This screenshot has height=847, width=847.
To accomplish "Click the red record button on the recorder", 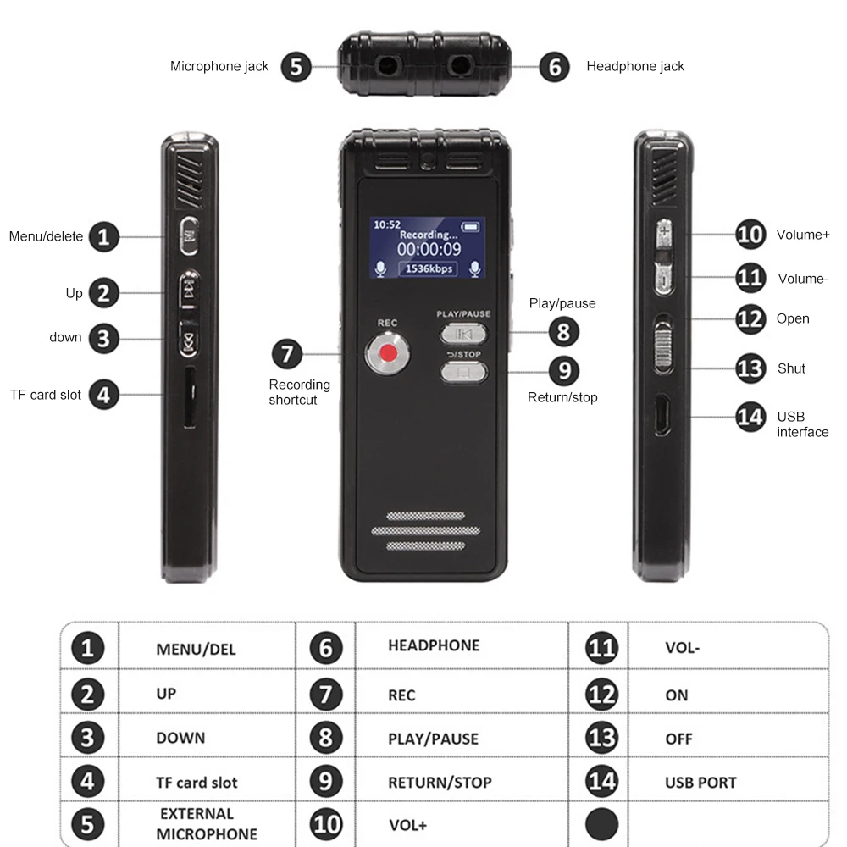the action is coord(388,353).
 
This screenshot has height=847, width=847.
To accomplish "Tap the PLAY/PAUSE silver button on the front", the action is coord(463,334).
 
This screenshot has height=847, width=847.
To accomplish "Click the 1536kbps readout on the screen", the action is coord(429,268).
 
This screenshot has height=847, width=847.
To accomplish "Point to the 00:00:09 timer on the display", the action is coord(429,249).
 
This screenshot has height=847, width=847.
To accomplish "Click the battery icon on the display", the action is coord(470,226).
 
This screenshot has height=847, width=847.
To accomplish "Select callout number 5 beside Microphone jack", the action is coord(296,67).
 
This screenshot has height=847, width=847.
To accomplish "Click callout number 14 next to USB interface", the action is coord(750,417).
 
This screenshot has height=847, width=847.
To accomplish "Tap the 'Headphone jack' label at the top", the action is coord(635,66).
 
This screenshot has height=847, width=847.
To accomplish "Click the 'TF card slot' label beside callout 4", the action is coord(46,395).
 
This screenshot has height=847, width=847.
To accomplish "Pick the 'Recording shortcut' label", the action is coord(299,392).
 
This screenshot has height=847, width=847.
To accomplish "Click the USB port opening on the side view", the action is coord(663,415).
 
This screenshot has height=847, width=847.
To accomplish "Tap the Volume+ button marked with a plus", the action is coord(664,234).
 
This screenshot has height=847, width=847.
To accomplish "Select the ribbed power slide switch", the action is coord(663,344).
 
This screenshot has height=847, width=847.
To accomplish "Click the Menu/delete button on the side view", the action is coord(189,236).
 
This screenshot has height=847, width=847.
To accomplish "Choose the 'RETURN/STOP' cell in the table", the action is coord(440,782).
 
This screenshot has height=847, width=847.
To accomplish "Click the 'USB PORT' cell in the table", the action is coord(700,782).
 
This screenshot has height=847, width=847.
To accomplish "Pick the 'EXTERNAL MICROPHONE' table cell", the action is coord(207,824).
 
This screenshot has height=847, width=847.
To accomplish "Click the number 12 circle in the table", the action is coord(601,695).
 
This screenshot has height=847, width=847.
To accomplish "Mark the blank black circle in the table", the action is coord(601,824).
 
